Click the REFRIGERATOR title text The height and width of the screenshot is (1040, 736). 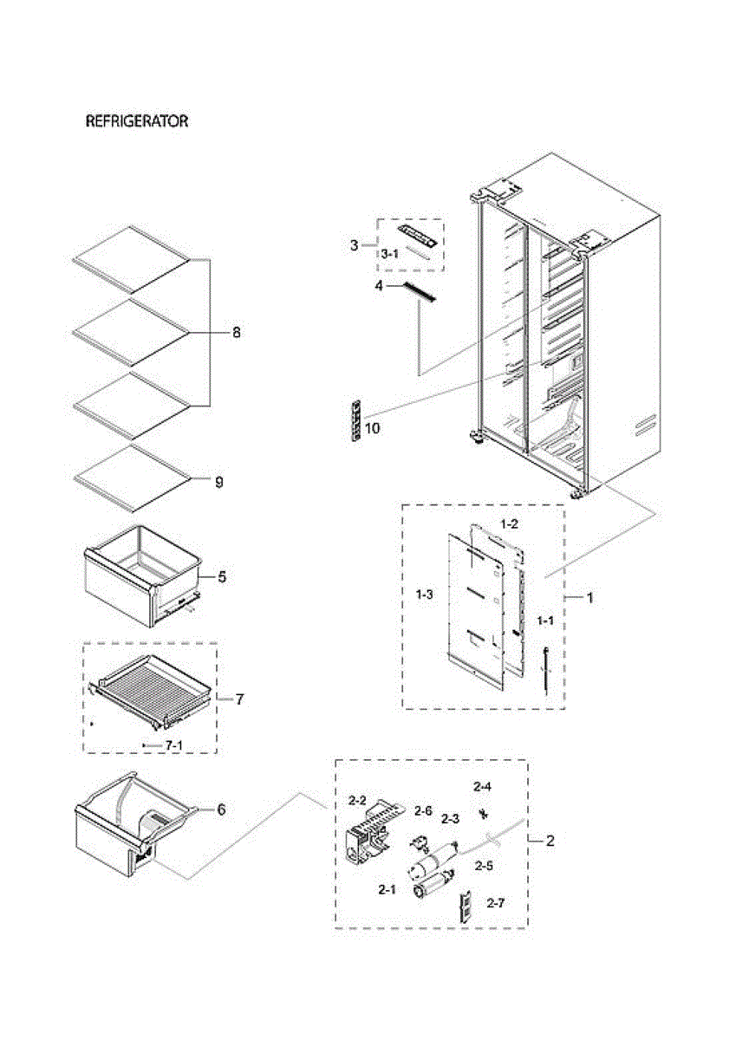click(136, 122)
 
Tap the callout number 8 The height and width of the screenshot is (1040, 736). click(237, 332)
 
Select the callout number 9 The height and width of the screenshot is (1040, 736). click(218, 482)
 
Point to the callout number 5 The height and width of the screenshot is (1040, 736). click(222, 576)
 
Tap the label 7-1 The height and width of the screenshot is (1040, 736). click(174, 745)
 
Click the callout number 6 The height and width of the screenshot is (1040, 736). click(221, 809)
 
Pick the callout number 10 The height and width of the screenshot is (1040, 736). click(372, 429)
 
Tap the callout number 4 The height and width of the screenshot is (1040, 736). click(378, 284)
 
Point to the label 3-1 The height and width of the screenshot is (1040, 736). click(390, 254)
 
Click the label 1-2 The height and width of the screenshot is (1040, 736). click(510, 524)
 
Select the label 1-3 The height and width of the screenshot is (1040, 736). click(425, 595)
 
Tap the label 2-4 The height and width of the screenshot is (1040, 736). click(482, 787)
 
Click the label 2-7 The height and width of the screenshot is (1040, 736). click(495, 904)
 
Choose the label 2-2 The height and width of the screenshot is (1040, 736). click(358, 799)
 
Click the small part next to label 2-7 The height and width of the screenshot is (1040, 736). click(466, 907)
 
